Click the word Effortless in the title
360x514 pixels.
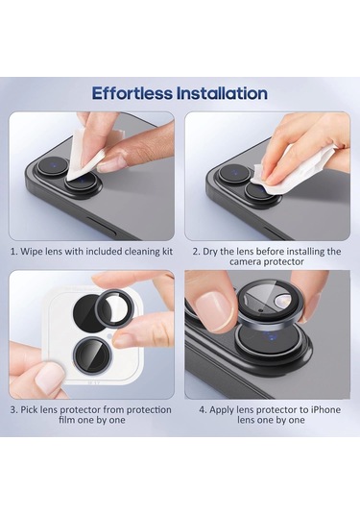click(x=132, y=93)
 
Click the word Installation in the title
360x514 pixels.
click(x=222, y=93)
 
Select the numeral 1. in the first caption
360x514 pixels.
click(x=13, y=252)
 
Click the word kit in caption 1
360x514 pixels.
click(x=165, y=252)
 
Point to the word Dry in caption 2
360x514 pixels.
click(x=210, y=252)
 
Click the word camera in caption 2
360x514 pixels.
click(x=245, y=262)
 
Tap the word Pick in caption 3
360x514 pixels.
click(x=29, y=409)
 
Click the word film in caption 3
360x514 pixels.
click(x=67, y=420)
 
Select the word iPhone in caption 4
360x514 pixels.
click(x=325, y=409)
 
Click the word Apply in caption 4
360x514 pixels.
click(x=221, y=410)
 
